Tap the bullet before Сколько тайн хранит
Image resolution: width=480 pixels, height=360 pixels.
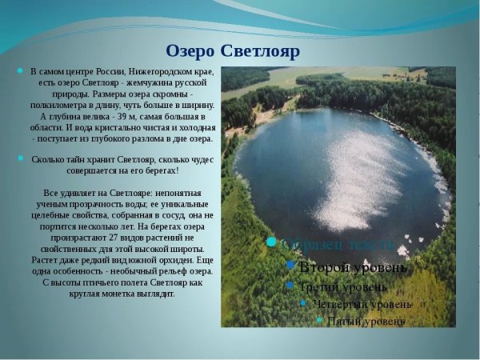[x=20, y=159]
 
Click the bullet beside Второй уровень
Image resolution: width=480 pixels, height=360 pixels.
[x=290, y=266]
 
